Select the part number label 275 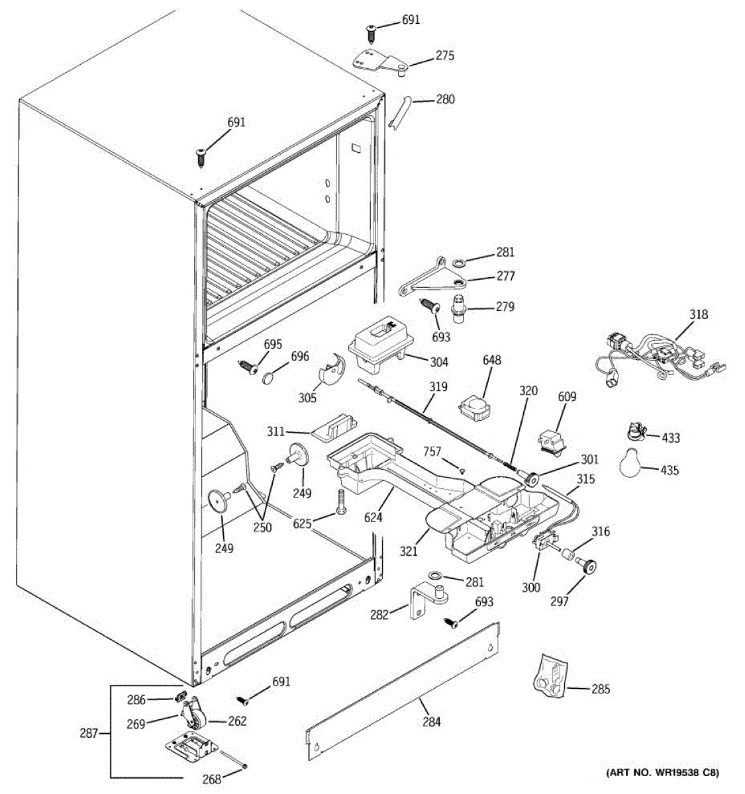[445, 56]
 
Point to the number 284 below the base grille [431, 722]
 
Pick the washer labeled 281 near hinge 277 [459, 263]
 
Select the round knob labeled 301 [529, 478]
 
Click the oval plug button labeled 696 [270, 377]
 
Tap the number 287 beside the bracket [89, 733]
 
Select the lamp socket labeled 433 [635, 432]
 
